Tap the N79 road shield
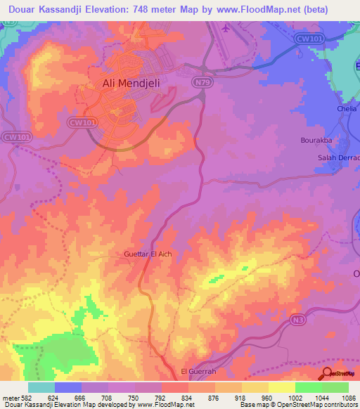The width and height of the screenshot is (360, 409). (202, 82)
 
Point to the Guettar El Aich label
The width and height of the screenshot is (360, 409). (147, 254)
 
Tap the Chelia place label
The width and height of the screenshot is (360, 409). (348, 109)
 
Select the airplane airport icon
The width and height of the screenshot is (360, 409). (225, 29)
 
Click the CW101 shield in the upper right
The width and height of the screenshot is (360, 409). (307, 39)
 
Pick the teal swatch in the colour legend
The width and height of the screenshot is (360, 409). (41, 387)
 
